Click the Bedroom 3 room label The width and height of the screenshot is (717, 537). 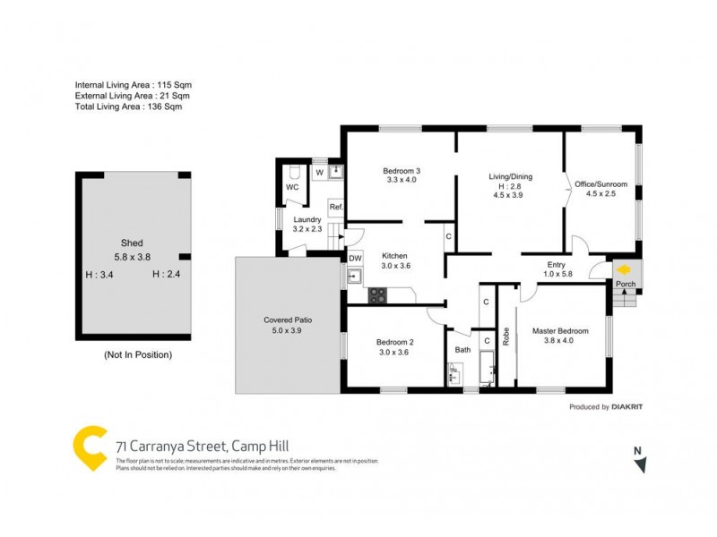coord(402,171)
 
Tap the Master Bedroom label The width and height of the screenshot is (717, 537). coord(560,331)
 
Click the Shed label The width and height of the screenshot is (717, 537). coord(132,243)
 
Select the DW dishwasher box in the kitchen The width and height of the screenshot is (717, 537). coord(355,258)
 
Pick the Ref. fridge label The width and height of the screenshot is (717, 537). coord(336,208)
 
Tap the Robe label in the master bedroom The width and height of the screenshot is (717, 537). coord(506,337)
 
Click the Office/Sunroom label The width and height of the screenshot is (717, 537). coord(600,184)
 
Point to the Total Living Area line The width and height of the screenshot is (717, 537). coord(133,107)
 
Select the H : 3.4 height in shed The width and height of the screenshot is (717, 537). coord(99,275)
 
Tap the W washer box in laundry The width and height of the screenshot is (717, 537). coord(319,173)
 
